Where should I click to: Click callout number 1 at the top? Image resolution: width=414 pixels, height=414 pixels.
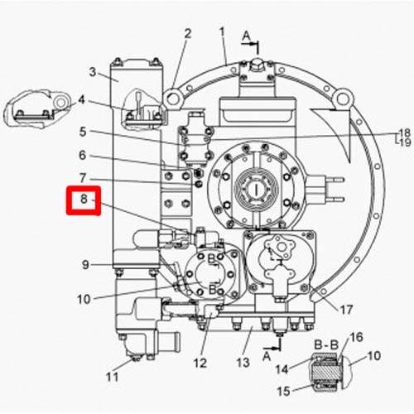coord(222,32)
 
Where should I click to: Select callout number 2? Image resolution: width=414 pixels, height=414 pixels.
coord(188,34)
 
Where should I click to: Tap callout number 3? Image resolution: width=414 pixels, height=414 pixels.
coord(93,72)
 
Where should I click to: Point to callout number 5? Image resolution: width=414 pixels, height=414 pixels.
coord(83,132)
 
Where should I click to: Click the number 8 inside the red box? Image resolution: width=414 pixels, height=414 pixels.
coord(84,199)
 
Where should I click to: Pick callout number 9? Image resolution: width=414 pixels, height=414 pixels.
coord(85,265)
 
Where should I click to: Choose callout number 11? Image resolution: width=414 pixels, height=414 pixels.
coord(112,377)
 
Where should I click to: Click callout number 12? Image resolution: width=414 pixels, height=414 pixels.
coord(200,363)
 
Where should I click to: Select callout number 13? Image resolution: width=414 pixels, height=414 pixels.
coord(243,363)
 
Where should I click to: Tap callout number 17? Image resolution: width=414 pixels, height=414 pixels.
coord(346,310)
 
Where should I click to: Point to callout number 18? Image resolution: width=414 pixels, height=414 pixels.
coord(405,133)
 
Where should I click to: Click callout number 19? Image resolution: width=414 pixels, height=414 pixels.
coord(405,142)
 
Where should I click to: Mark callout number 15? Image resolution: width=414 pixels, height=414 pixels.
coord(283,391)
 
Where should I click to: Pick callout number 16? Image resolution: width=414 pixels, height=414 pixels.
coord(356,337)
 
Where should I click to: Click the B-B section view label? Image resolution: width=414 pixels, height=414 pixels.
coord(326,344)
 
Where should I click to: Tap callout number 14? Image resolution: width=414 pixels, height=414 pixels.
coord(282,369)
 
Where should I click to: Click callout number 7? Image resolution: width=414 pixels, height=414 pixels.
coord(83,178)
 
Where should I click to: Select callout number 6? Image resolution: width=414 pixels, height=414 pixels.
coord(83,155)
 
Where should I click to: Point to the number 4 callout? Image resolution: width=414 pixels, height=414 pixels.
coord(81,99)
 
